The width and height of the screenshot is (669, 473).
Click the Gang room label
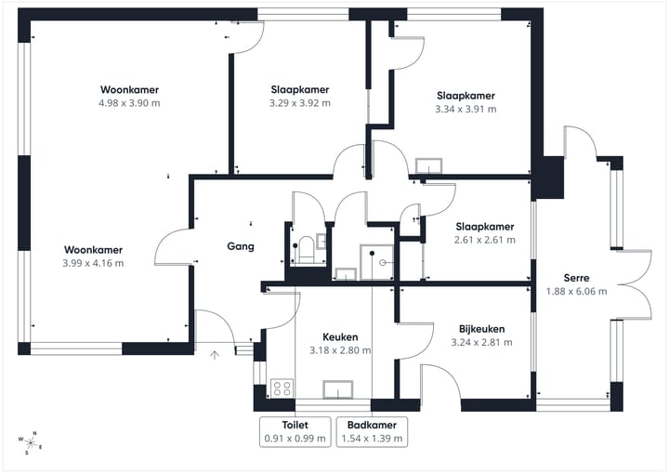(x=241, y=246)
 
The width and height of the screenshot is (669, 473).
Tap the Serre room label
(x=576, y=278)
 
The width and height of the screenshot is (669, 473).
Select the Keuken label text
(x=340, y=337)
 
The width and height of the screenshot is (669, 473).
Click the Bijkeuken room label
(x=481, y=329)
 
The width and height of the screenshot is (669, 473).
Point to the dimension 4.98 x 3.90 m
(x=129, y=103)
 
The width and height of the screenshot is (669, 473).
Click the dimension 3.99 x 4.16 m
(x=93, y=263)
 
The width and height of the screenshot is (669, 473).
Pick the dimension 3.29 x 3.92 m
(x=300, y=103)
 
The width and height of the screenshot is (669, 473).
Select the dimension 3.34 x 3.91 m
(x=466, y=109)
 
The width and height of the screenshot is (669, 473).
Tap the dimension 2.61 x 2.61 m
(x=484, y=240)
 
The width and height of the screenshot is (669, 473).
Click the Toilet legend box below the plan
(x=295, y=431)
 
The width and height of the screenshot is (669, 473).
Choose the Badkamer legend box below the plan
(x=371, y=431)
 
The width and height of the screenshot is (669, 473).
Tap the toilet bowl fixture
(x=305, y=248)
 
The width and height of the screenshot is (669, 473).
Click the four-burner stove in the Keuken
(x=282, y=388)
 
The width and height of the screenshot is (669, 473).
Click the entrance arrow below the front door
(x=215, y=354)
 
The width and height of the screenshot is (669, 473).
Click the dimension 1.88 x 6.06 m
(x=576, y=291)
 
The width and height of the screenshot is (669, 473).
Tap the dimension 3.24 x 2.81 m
(x=481, y=342)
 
